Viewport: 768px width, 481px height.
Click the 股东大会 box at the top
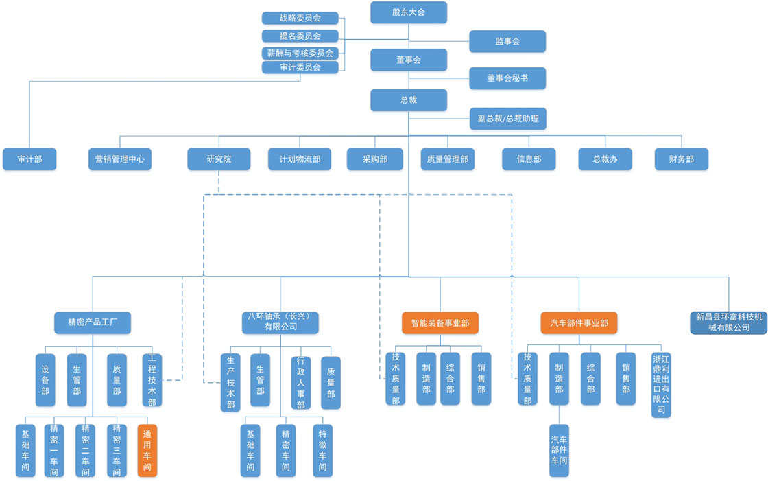(408, 12)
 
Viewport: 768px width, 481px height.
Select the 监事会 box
(507, 41)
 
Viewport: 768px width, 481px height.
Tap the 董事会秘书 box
(507, 78)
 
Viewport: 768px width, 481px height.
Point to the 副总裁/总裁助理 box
(507, 118)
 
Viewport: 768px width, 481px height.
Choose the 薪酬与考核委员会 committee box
(300, 53)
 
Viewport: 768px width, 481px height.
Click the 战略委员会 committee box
(300, 18)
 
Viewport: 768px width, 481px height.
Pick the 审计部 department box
(29, 159)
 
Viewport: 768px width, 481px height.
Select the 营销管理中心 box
(119, 159)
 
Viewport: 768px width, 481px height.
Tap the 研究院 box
(219, 159)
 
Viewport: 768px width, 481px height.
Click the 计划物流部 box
(299, 159)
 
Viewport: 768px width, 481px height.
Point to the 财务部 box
(681, 159)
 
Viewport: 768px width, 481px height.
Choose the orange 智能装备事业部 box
(440, 322)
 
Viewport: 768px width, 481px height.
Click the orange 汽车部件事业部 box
(579, 322)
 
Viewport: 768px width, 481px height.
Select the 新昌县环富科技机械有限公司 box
(729, 322)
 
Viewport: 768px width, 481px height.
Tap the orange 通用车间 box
(147, 450)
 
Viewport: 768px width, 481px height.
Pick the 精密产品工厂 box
(93, 322)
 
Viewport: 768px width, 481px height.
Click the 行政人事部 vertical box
(300, 383)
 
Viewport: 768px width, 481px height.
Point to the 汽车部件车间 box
(559, 450)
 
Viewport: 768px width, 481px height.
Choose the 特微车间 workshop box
(323, 450)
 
